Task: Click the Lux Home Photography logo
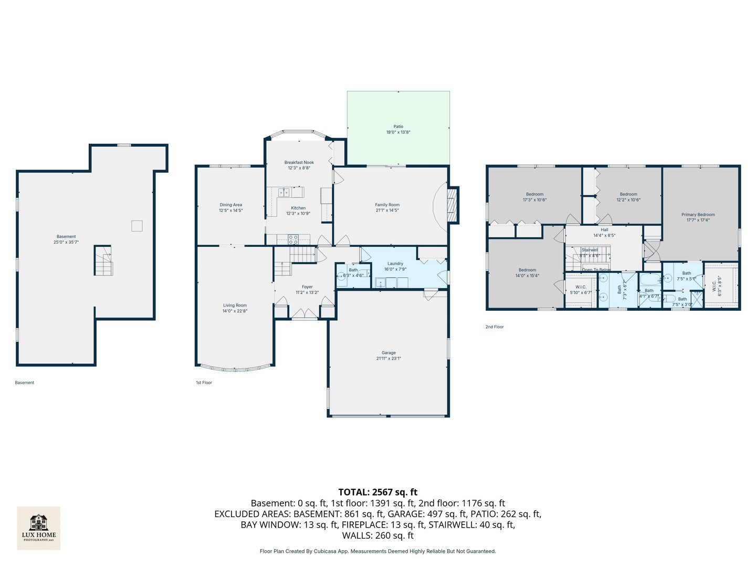click(x=38, y=528)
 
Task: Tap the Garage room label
click(x=388, y=353)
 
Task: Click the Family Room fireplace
click(x=452, y=204)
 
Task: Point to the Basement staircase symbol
click(x=103, y=260)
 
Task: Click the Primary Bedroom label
click(x=698, y=214)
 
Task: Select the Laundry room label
click(x=395, y=264)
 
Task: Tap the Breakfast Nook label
click(x=299, y=162)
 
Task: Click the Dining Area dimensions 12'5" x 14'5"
click(x=231, y=211)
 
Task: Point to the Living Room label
click(x=235, y=305)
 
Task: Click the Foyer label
click(x=307, y=287)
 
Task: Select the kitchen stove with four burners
click(x=293, y=239)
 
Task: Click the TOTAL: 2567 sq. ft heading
click(x=377, y=492)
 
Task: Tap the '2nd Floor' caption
click(x=494, y=327)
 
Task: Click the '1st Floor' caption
click(x=204, y=382)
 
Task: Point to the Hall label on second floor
click(x=604, y=229)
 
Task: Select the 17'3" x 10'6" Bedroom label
click(x=534, y=194)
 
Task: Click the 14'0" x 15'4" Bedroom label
click(x=527, y=270)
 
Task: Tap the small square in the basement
click(x=136, y=226)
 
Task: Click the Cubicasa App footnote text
click(x=377, y=551)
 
